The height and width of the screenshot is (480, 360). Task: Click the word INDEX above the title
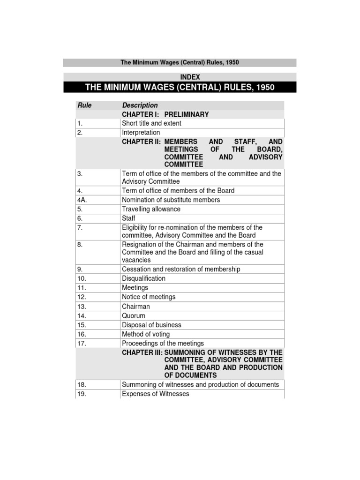[190, 77]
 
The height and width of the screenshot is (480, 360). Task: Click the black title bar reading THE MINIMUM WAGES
[180, 88]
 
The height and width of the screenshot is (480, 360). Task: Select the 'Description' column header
[140, 105]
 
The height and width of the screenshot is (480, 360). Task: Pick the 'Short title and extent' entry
[151, 123]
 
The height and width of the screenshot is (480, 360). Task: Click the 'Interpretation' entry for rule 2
[141, 133]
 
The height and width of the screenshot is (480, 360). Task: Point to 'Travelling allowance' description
[151, 209]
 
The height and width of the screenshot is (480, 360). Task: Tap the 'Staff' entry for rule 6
[128, 218]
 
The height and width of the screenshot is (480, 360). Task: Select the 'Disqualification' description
[143, 278]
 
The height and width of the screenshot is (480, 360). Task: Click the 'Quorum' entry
[134, 316]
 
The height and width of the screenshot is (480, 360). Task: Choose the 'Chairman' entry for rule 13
[136, 307]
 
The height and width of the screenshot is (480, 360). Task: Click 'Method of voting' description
[146, 334]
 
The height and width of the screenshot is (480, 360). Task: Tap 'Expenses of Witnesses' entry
[156, 394]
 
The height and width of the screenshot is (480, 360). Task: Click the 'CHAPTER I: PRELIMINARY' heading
[165, 114]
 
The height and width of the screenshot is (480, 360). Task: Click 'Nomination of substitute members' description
[171, 200]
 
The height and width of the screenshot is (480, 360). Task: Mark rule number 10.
[82, 278]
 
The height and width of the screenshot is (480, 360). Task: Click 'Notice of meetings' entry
[149, 297]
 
